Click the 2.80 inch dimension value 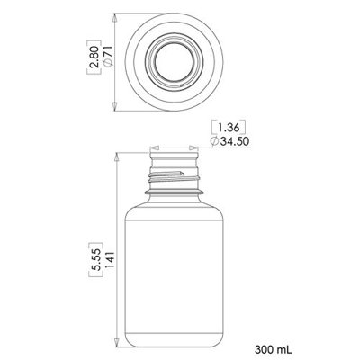click(x=94, y=56)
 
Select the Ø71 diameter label click(x=107, y=56)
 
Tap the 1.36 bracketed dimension click(x=229, y=128)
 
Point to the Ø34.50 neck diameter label click(x=229, y=141)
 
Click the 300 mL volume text click(x=274, y=349)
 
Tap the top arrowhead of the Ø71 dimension click(x=114, y=19)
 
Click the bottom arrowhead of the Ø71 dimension click(x=114, y=106)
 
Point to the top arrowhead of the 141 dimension click(x=117, y=158)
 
